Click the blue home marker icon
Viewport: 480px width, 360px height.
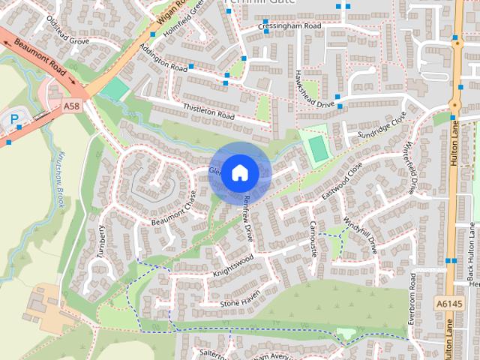tap(239, 172)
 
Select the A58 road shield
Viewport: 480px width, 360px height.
tap(72, 107)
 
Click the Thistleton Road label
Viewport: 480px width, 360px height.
tap(209, 112)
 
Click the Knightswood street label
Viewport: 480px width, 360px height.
tap(233, 265)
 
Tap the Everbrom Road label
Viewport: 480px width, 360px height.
tap(412, 298)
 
